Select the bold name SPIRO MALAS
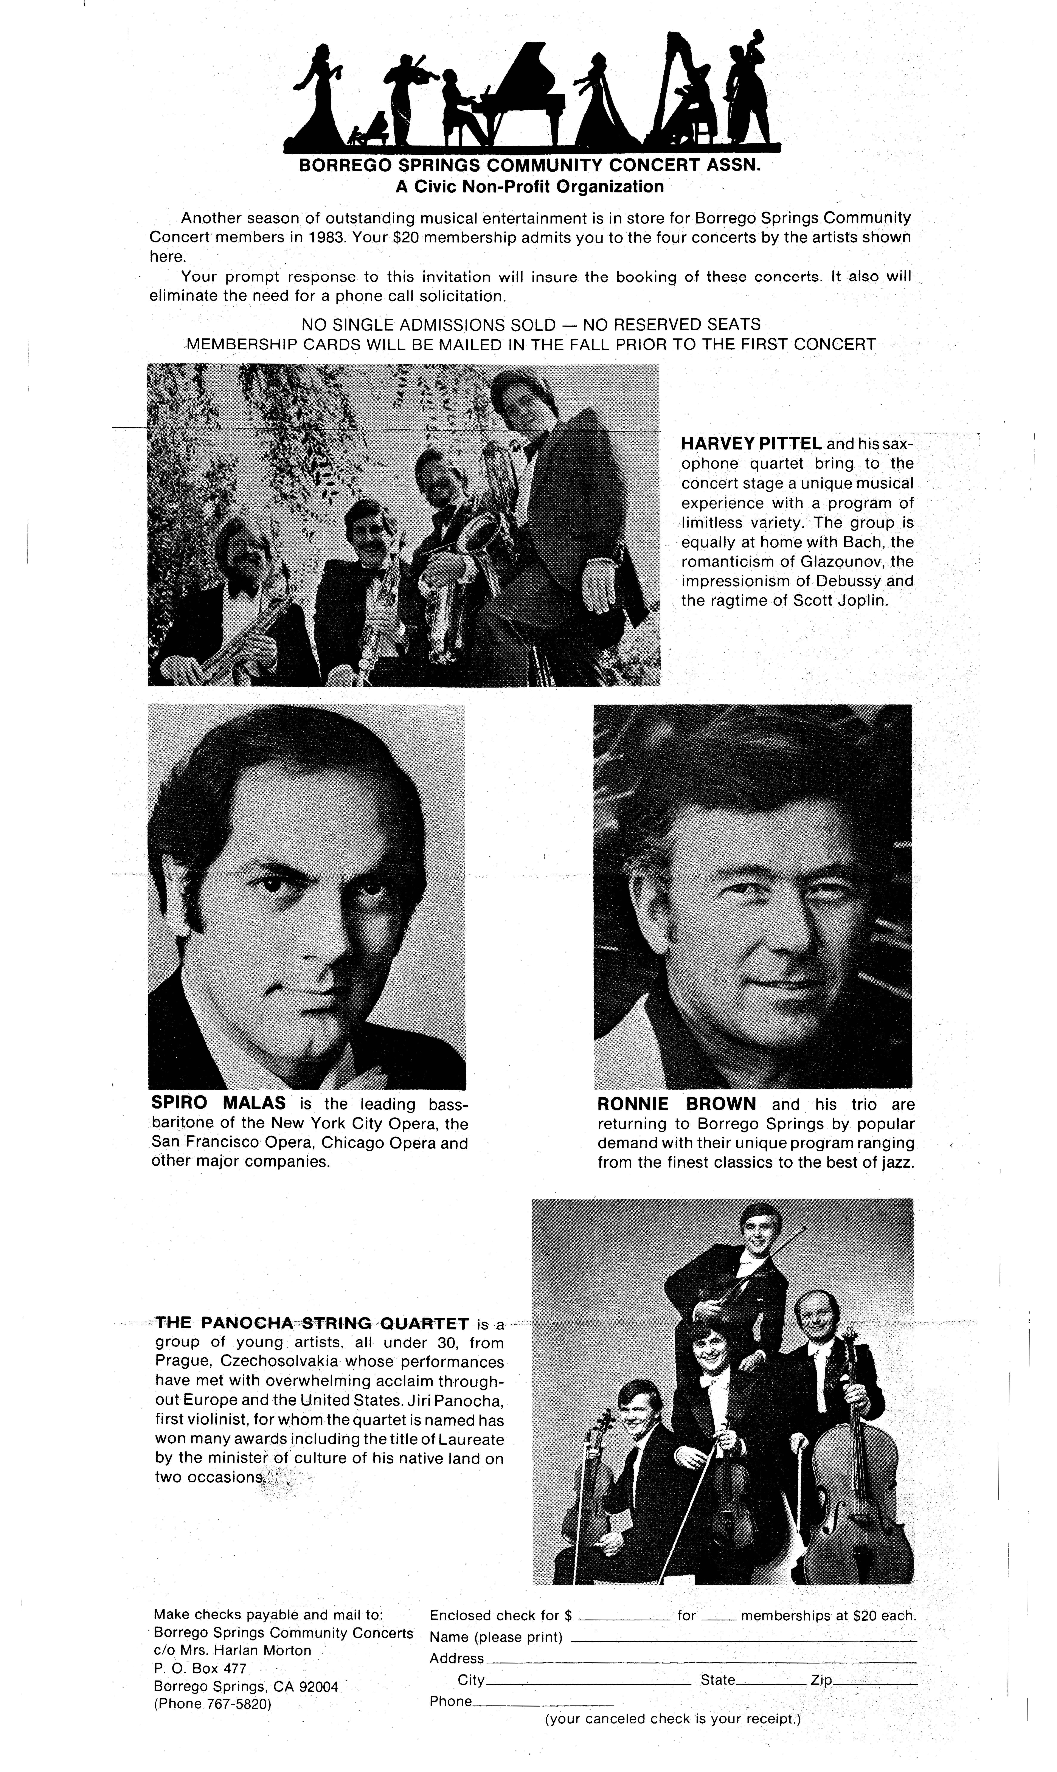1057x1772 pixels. coord(219,1103)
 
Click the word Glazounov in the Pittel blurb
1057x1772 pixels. coord(840,561)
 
